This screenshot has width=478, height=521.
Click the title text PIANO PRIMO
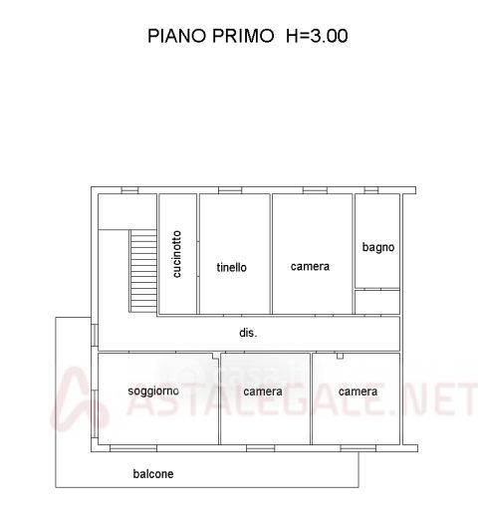tap(210, 36)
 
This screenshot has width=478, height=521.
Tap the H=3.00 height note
tap(317, 36)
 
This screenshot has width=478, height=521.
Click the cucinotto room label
tap(177, 254)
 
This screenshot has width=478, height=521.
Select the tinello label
tap(231, 267)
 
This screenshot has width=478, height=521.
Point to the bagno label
tap(378, 247)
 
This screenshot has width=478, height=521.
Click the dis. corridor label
tap(248, 333)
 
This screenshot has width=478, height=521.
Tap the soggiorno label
tap(153, 391)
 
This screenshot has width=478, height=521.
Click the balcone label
tap(153, 474)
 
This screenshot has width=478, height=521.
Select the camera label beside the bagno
tap(310, 267)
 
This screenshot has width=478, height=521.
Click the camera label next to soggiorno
tap(263, 391)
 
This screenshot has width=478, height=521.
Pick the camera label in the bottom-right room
tap(358, 391)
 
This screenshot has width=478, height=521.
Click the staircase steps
tap(143, 271)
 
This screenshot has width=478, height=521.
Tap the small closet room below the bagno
tap(377, 302)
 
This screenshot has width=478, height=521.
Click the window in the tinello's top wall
tap(230, 190)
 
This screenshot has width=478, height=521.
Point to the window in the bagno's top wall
tap(371, 190)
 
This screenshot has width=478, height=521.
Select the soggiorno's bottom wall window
tap(133, 448)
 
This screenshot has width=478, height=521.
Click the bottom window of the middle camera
tap(261, 448)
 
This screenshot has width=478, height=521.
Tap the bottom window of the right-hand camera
tap(358, 448)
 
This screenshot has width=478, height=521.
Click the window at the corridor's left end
tap(95, 335)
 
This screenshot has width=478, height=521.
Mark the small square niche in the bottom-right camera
tap(340, 356)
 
